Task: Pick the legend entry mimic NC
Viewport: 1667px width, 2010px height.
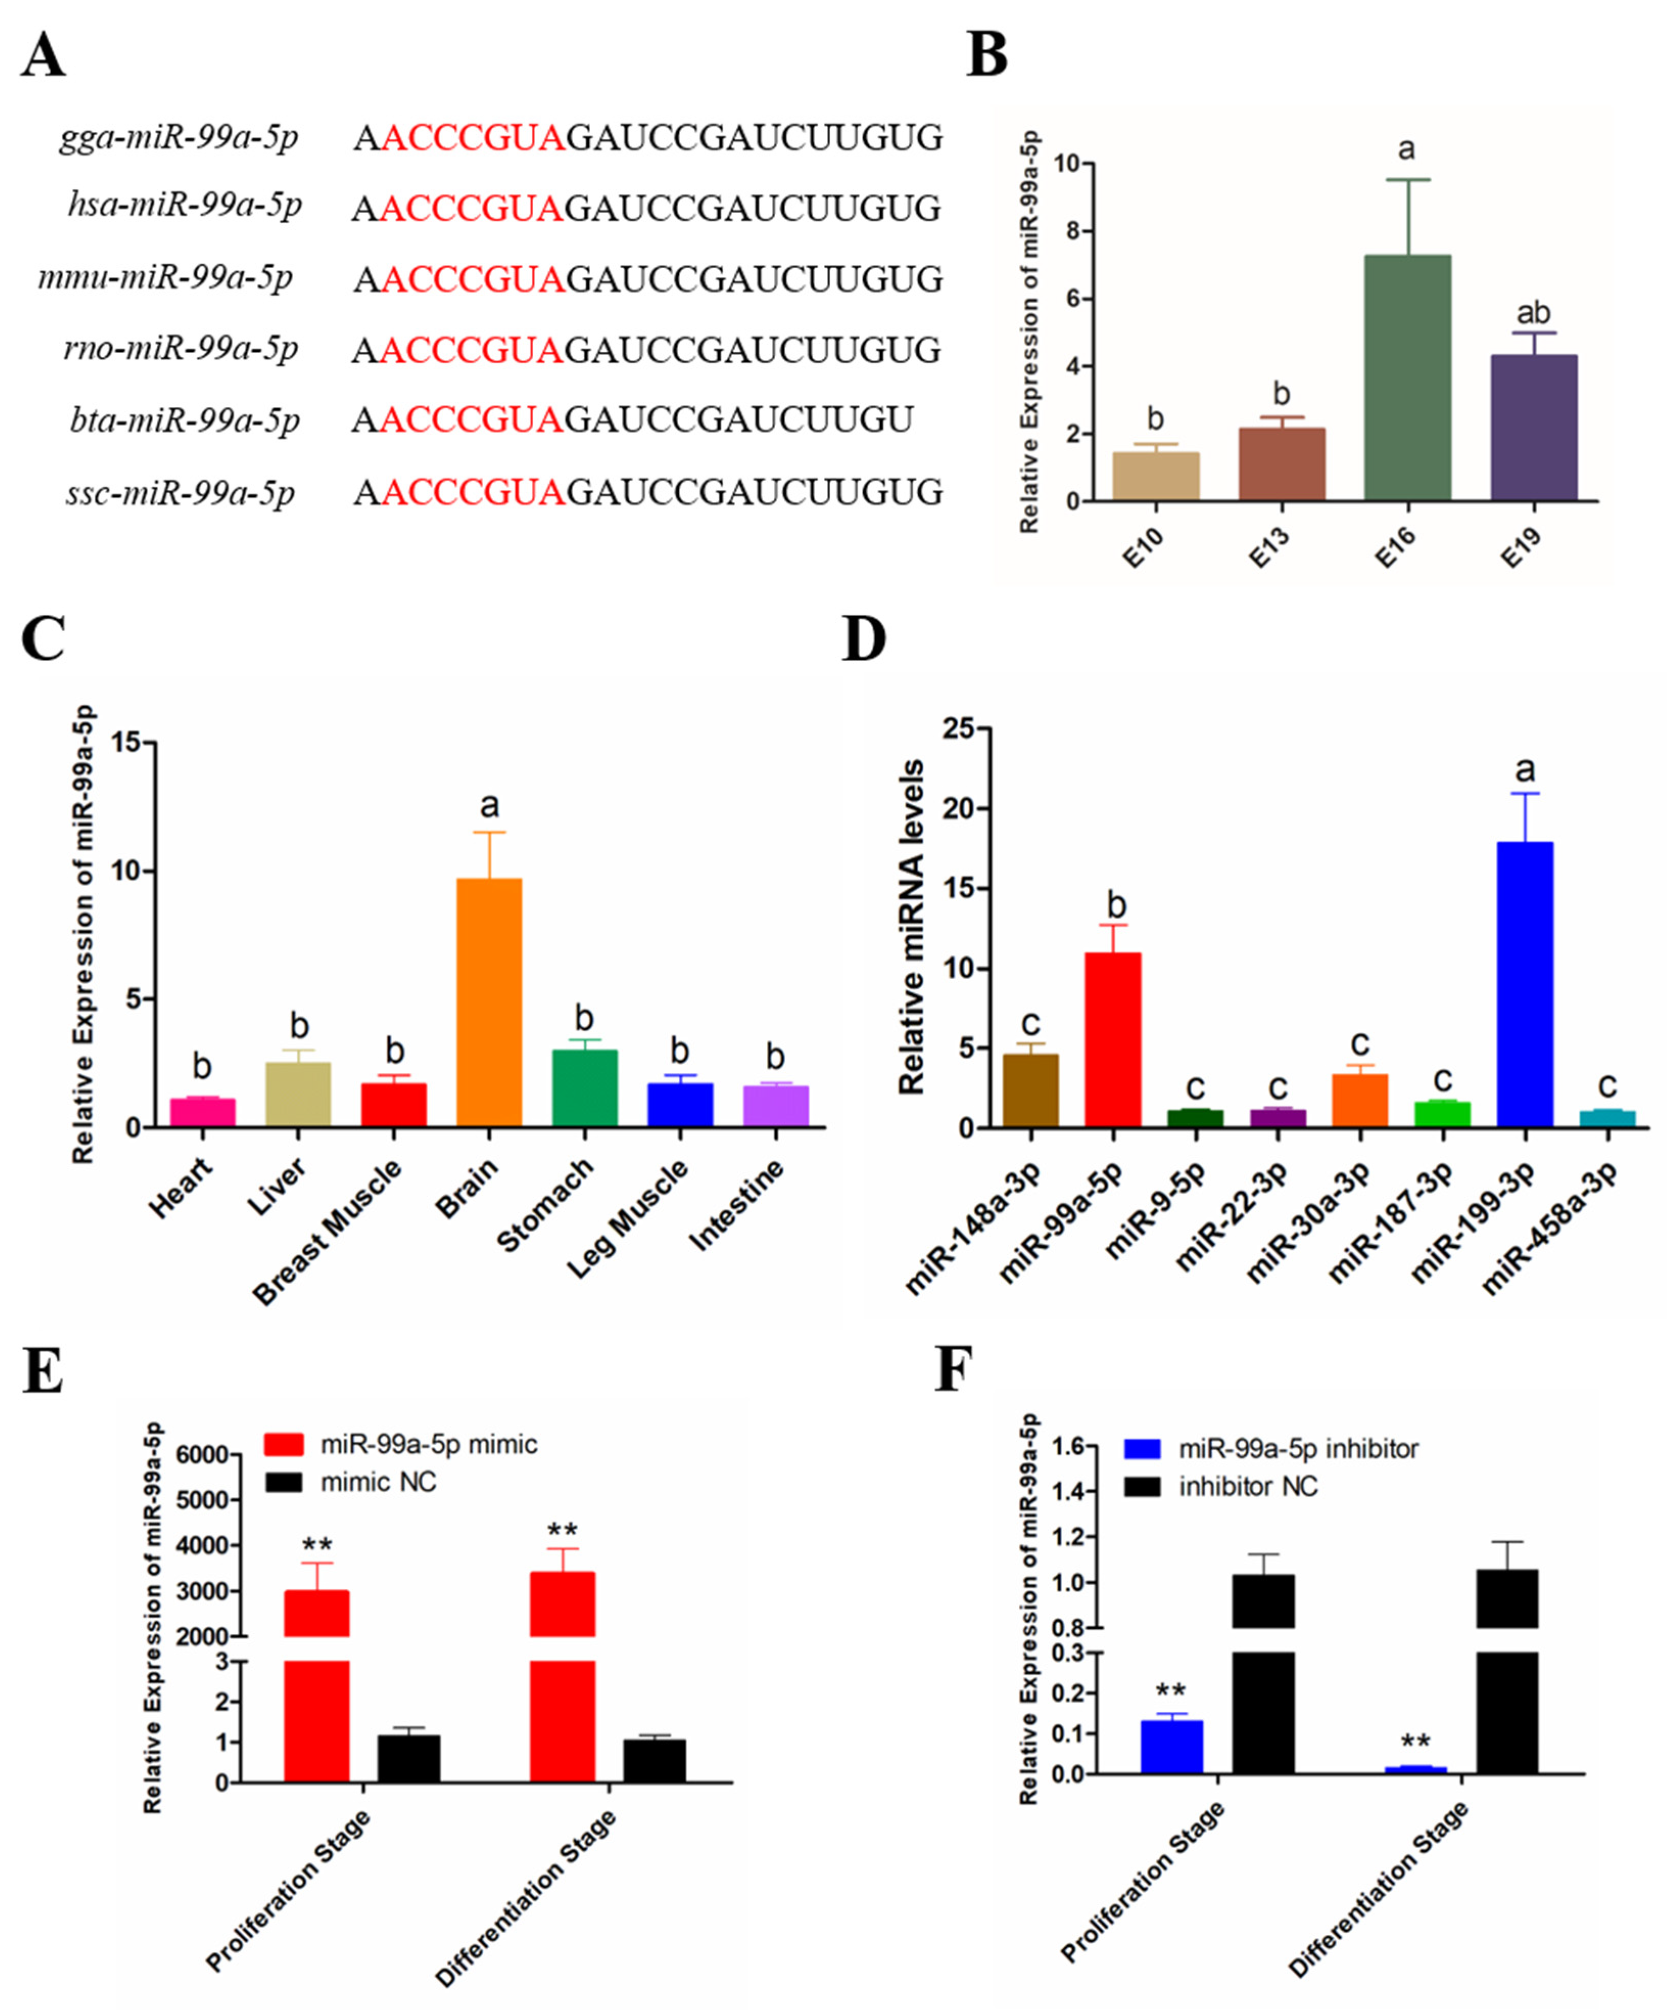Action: point(378,1482)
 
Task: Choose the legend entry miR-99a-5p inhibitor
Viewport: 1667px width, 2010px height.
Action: point(1298,1449)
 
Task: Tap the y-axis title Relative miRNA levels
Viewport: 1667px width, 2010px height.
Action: point(912,926)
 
